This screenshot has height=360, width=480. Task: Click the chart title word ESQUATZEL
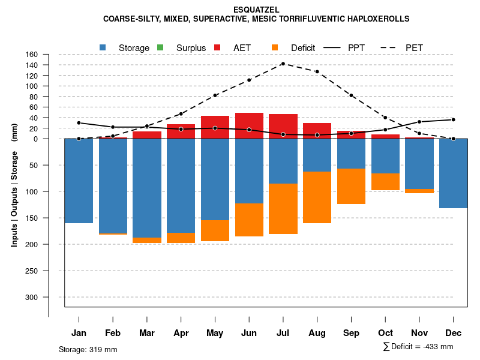pos(256,10)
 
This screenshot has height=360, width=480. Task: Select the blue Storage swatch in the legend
pos(104,47)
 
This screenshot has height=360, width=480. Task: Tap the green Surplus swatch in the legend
pos(160,47)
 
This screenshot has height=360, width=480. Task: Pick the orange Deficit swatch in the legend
pos(275,47)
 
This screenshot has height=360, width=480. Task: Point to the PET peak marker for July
pos(283,64)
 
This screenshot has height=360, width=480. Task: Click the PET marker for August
pos(317,72)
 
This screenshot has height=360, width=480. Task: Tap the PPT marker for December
pos(453,119)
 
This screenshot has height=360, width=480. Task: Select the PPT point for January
pos(79,123)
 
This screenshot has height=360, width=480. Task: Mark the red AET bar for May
pos(215,127)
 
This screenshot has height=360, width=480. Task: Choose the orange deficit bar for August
pos(317,197)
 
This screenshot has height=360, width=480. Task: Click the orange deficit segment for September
pos(351,186)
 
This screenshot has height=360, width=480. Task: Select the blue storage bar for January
pos(79,181)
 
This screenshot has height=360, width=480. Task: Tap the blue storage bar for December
pos(453,173)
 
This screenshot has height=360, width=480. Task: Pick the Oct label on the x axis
pos(385,333)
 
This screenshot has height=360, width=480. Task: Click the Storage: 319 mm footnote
pos(88,349)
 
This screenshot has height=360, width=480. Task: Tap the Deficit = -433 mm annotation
pos(418,347)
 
